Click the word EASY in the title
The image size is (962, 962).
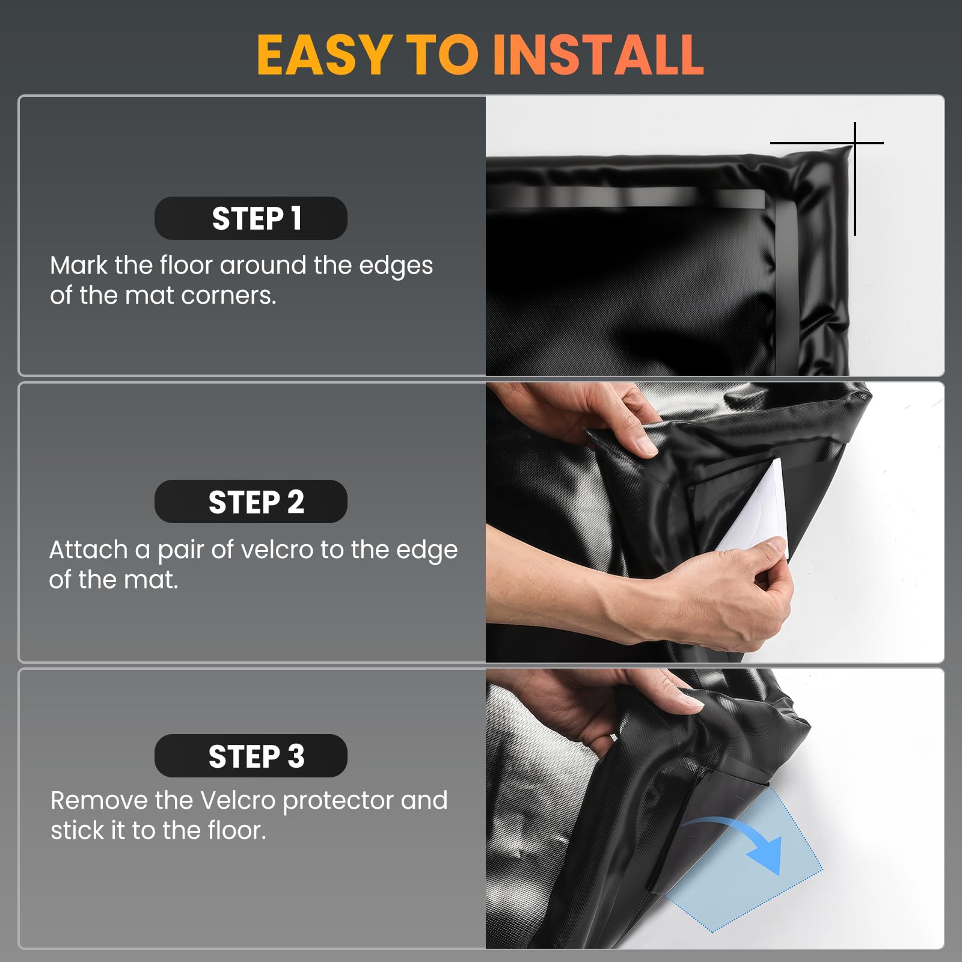324,55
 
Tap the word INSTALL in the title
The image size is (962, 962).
598,55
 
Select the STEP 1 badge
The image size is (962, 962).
251,218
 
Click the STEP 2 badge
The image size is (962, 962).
251,501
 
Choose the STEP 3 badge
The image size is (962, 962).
251,756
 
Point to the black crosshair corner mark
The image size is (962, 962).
854,143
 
